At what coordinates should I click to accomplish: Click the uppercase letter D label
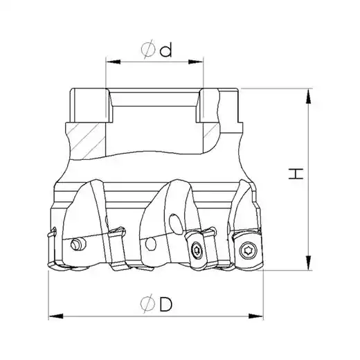click(166, 305)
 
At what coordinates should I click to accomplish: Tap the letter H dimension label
click(296, 174)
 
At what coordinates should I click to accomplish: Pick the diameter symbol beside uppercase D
click(147, 304)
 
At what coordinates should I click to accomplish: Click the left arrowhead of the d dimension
click(114, 62)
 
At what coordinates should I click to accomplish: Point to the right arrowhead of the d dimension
click(196, 62)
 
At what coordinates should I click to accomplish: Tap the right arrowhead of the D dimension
click(255, 316)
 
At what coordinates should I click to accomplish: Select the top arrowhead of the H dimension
click(308, 96)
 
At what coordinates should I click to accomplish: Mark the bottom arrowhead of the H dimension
click(308, 262)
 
